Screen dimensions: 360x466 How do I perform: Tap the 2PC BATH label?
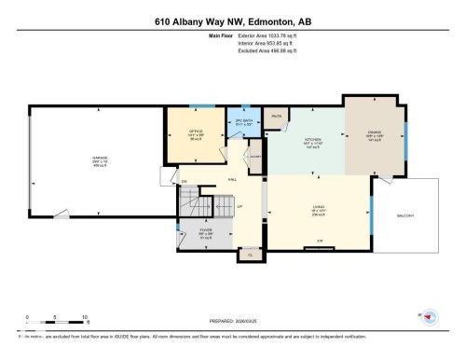pos(243,121)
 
